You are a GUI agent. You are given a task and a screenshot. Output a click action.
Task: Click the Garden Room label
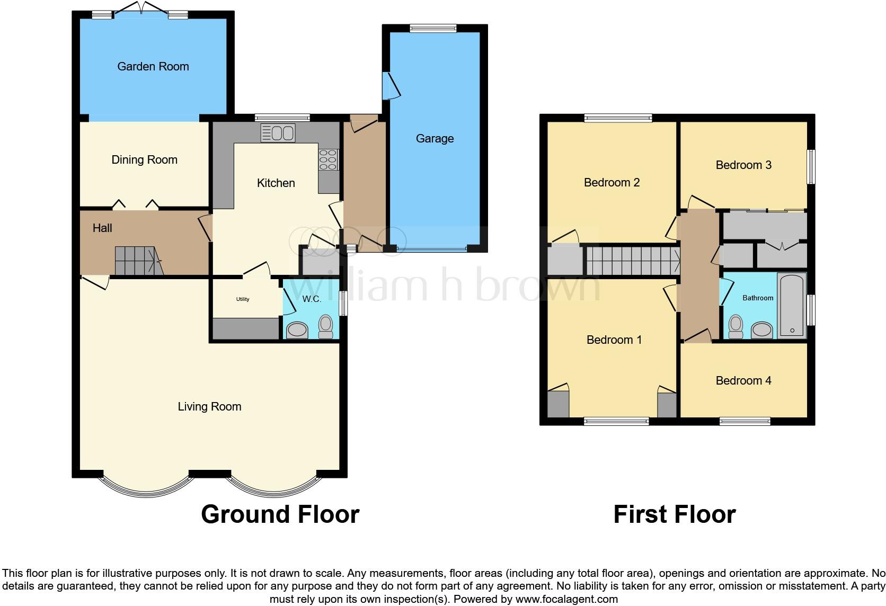point(153,66)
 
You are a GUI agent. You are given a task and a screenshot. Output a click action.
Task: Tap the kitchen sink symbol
point(278,132)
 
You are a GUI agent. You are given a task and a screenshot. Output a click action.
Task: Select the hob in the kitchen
point(328,159)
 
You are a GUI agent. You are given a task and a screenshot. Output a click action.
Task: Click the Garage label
point(435,138)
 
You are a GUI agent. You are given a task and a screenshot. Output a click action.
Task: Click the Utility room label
point(243,299)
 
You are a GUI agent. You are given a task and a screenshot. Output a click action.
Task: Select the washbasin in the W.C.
point(297,331)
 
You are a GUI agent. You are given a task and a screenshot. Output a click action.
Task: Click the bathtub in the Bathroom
point(792,306)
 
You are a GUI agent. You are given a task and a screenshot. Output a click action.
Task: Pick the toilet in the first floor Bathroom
point(736,326)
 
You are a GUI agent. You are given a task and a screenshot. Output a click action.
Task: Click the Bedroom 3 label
point(743,165)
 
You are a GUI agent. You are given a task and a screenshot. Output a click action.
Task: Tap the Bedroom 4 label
point(743,380)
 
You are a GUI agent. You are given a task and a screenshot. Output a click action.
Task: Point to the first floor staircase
point(633,261)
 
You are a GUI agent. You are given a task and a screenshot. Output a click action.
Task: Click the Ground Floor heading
point(280,514)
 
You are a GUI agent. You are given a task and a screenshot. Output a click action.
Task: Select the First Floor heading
point(674,514)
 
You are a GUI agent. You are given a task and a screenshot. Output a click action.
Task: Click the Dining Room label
point(144,159)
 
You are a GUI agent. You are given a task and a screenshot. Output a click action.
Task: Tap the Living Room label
point(209,406)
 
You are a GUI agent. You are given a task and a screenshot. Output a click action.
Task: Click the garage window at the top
point(433,29)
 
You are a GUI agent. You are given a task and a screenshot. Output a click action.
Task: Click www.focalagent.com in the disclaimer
point(566,599)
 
